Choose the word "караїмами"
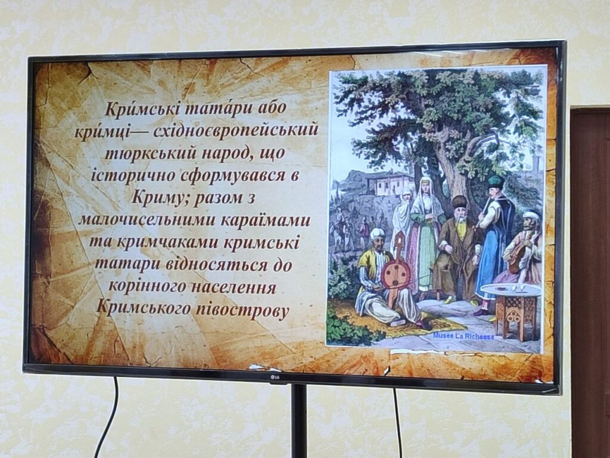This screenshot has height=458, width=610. [x=266, y=220]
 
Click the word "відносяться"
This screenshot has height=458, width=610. [x=217, y=265]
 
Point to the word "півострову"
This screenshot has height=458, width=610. [x=241, y=310]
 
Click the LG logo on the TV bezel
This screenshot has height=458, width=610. [x=276, y=377]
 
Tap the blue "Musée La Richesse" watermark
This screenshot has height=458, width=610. [x=463, y=335]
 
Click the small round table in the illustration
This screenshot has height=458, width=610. [x=511, y=308]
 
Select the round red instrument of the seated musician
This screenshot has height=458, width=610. [x=396, y=274]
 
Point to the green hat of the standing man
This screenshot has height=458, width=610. [x=496, y=181]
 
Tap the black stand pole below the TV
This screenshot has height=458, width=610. [x=299, y=420]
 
